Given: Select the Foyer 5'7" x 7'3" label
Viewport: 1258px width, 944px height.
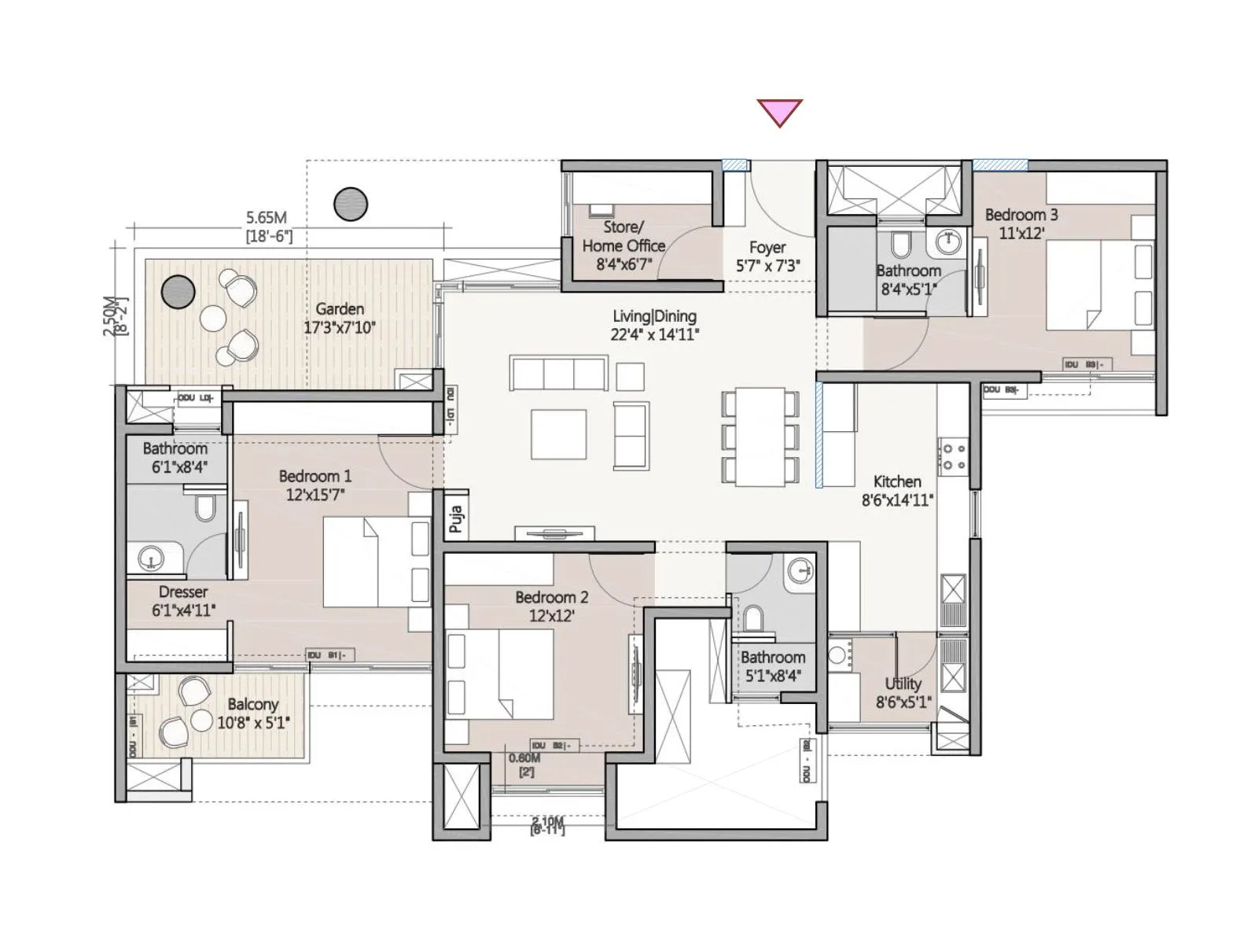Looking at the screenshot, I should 767,256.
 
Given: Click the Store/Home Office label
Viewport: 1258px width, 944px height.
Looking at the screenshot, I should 623,245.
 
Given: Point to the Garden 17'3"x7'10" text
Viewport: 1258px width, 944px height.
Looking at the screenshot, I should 340,318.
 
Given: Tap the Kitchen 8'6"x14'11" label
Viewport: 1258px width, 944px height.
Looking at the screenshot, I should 897,490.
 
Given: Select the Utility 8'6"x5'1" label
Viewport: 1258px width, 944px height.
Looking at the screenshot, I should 903,692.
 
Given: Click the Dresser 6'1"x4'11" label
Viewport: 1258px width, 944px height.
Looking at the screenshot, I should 183,601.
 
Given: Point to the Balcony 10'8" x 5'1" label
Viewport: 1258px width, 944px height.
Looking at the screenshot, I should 253,713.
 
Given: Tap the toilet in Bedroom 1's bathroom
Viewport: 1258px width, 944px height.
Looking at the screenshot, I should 205,508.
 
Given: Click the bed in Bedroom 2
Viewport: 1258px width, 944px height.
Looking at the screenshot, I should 500,673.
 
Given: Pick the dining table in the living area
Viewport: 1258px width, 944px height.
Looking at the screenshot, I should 760,436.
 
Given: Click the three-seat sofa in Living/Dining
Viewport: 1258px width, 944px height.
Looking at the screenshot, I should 559,373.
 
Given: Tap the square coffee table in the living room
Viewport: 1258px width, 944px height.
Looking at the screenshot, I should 558,434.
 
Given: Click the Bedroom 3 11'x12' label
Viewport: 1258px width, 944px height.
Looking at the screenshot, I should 1021,223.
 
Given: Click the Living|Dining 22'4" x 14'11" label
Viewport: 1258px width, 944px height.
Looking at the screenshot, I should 654,325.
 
